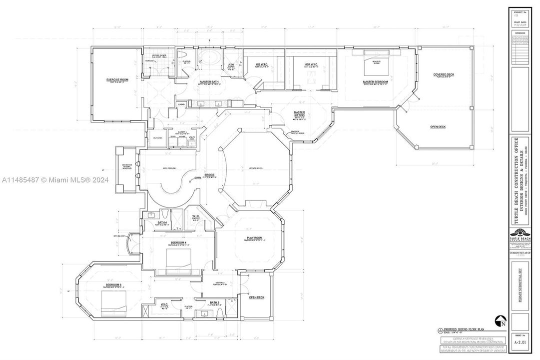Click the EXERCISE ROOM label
(x=117, y=80)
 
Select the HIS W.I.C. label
(x=262, y=64)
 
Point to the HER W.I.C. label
(x=312, y=64)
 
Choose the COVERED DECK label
(x=444, y=74)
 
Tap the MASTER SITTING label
(x=299, y=114)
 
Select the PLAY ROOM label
(x=254, y=237)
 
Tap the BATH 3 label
(x=215, y=302)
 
